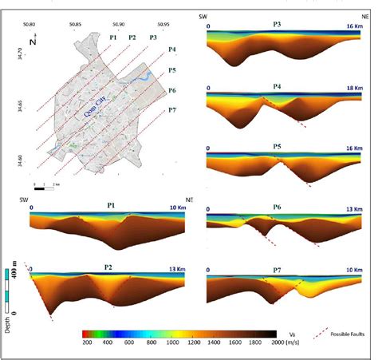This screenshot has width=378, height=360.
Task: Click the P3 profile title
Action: (278, 26)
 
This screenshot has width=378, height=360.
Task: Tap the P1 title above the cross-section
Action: (112, 205)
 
